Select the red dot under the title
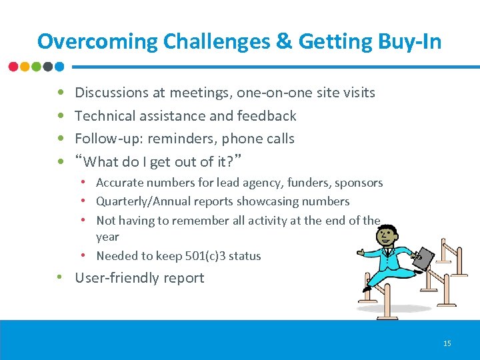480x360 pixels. (14, 67)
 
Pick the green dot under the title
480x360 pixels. (37, 67)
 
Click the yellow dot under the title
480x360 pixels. (25, 67)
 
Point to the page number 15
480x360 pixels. (447, 343)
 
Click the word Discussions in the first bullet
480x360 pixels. (111, 93)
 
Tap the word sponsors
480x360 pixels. (359, 183)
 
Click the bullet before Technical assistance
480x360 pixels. (61, 116)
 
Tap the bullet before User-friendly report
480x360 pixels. (61, 278)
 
